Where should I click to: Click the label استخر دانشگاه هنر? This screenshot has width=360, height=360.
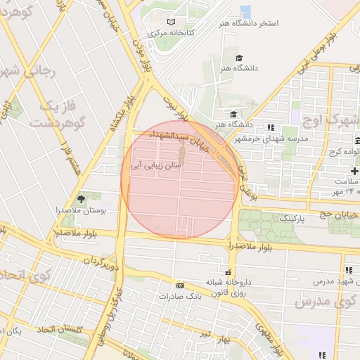250,23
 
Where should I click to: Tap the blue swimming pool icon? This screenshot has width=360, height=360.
245,11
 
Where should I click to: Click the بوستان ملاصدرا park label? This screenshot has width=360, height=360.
80,210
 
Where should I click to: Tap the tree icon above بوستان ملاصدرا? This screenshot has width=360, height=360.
80,199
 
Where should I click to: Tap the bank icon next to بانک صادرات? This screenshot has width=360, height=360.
181,285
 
